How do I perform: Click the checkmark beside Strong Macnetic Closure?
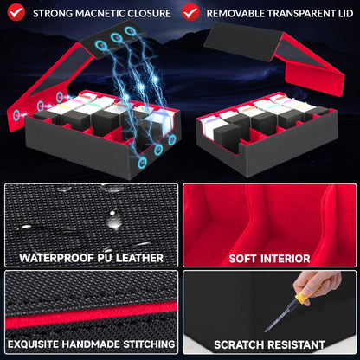[x=16, y=12]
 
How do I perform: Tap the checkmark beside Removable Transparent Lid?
[x=191, y=12]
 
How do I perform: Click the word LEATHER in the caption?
[x=139, y=258]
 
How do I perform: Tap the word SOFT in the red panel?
[x=242, y=259]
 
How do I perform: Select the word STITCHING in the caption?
[x=149, y=344]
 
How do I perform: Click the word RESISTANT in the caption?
[x=296, y=344]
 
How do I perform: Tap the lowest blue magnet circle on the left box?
[x=142, y=163]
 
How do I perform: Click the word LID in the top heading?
[x=344, y=13]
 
